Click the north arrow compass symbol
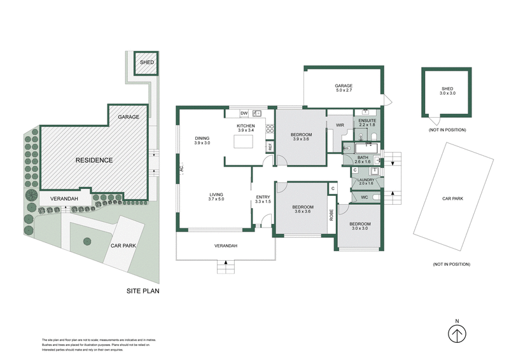[456, 333]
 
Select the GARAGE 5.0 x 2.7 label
[344, 88]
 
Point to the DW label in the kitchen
[243, 113]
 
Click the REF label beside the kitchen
[270, 146]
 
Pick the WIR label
[340, 126]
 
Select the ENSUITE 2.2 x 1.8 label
[367, 123]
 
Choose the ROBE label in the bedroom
[331, 215]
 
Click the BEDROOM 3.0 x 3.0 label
[359, 227]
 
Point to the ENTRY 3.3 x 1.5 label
[263, 200]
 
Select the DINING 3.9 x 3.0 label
[202, 141]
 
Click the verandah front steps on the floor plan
[226, 268]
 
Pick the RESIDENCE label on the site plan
[94, 160]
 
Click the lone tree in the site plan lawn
[87, 240]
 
